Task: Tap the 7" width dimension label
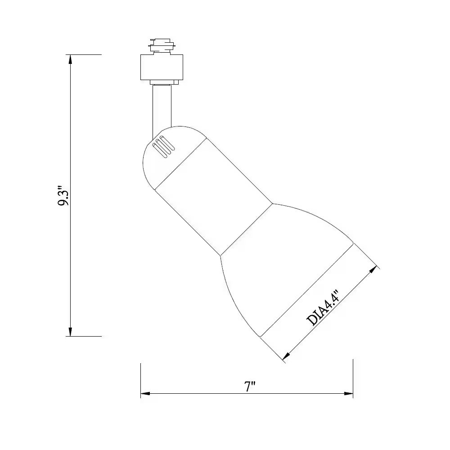tap(250, 387)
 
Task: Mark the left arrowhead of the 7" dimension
tap(145, 393)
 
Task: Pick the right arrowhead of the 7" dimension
tap(348, 393)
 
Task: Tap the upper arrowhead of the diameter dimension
tap(373, 270)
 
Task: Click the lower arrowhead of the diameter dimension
tap(286, 356)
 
